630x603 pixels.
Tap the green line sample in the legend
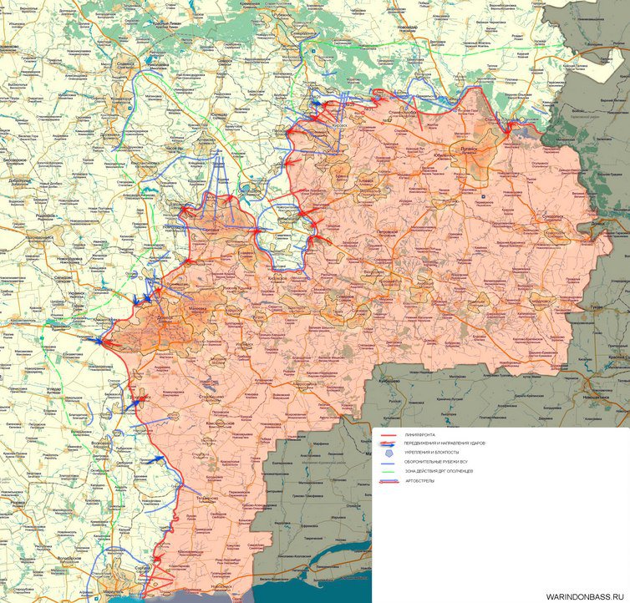388,472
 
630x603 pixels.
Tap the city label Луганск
461,145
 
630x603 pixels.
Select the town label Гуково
597,308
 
